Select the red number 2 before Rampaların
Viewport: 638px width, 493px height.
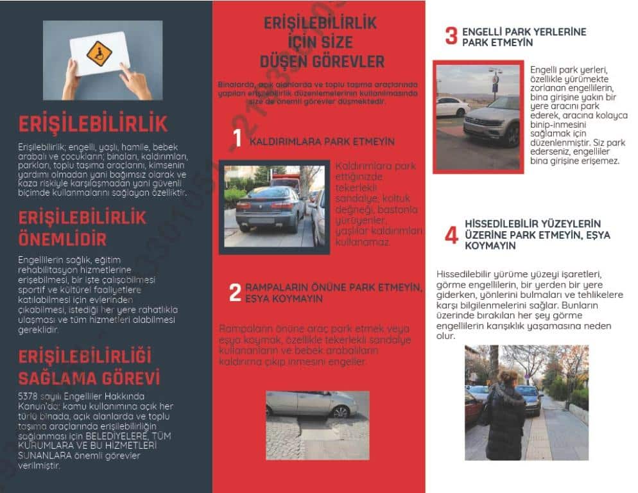click(x=235, y=292)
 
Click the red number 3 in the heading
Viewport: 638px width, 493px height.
click(x=451, y=36)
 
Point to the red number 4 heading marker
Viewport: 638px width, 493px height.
click(x=451, y=235)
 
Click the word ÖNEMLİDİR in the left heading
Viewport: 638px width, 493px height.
click(x=62, y=239)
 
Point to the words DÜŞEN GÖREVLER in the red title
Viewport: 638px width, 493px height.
click(x=322, y=62)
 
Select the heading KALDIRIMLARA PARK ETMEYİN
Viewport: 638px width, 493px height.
click(x=322, y=141)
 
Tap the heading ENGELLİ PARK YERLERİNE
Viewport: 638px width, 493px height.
click(x=524, y=31)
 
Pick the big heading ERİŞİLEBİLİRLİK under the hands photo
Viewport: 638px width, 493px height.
click(x=93, y=124)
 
